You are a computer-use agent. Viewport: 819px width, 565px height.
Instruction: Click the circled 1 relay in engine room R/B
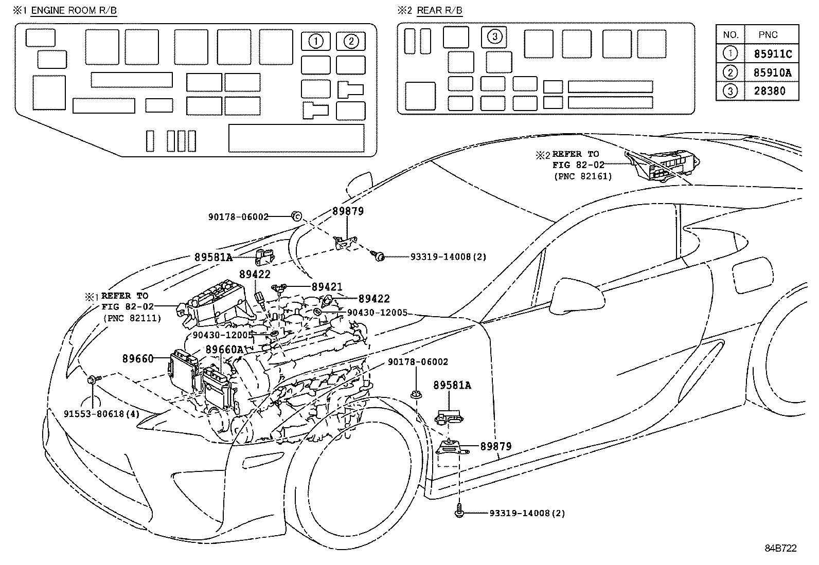316,41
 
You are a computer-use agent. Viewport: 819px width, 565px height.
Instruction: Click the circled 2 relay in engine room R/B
351,41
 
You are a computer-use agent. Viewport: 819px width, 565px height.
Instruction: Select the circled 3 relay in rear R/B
494,37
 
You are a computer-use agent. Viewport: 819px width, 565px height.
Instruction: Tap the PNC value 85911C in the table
772,54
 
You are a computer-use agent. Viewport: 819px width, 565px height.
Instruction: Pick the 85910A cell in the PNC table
772,73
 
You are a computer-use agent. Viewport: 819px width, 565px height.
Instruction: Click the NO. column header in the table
731,35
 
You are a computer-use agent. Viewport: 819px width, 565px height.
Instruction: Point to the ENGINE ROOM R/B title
74,11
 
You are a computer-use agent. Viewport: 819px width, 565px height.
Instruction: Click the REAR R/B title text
439,11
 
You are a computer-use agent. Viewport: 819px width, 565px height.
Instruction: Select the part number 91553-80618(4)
102,413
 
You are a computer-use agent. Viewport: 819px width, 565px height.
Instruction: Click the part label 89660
138,359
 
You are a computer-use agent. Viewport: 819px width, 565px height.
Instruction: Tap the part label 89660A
224,350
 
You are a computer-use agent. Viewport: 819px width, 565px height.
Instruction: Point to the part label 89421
327,287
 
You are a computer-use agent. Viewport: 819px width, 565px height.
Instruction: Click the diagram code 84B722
780,549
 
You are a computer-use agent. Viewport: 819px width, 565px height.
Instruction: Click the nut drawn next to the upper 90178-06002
296,216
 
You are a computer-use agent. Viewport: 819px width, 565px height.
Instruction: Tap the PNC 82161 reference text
583,176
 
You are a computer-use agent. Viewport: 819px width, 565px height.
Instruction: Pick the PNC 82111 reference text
132,318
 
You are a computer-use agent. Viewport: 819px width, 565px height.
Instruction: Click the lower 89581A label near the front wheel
452,385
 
